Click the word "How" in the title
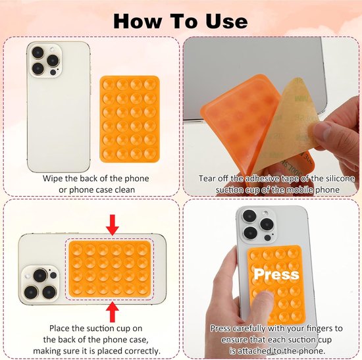(x=138, y=21)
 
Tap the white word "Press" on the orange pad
(x=276, y=274)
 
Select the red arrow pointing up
(x=113, y=312)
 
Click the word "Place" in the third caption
(x=59, y=328)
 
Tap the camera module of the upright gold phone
(x=45, y=61)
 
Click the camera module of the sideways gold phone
(x=40, y=284)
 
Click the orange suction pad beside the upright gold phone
(x=130, y=119)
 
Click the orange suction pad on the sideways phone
(x=110, y=269)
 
